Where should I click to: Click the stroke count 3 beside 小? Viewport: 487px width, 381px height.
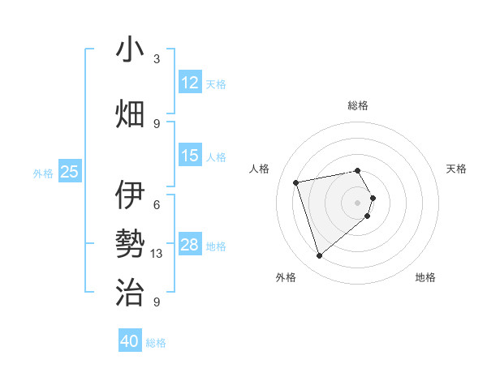click(x=157, y=59)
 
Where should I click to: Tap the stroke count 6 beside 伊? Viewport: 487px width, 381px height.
click(x=157, y=205)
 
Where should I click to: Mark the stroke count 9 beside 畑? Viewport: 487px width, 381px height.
click(x=157, y=123)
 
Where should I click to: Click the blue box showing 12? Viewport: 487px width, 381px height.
click(x=190, y=83)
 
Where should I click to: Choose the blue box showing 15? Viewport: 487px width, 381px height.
click(x=190, y=156)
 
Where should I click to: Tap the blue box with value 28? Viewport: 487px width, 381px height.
click(x=190, y=245)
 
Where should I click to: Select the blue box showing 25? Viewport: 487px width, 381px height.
click(x=70, y=171)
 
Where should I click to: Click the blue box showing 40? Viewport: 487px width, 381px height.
click(x=130, y=341)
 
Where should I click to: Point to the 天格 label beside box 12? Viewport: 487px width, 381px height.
click(x=216, y=83)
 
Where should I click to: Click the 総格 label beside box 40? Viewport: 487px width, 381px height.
click(x=156, y=343)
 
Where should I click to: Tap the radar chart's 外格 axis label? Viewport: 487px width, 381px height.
click(x=286, y=277)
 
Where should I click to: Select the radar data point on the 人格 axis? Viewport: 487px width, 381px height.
click(x=296, y=182)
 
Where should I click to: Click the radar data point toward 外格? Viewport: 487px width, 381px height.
click(x=319, y=256)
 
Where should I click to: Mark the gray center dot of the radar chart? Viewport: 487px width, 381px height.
click(x=357, y=202)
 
